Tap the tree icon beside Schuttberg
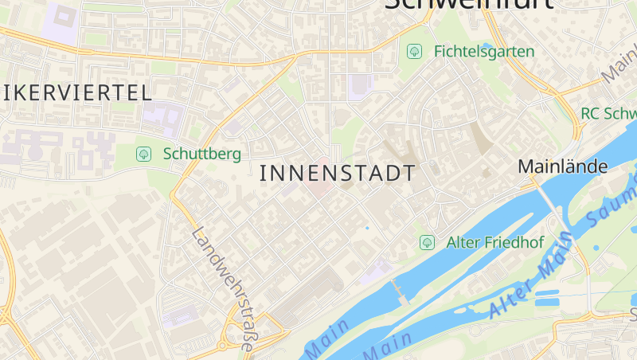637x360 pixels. pyautogui.click(x=143, y=154)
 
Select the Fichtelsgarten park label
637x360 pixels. pyautogui.click(x=484, y=51)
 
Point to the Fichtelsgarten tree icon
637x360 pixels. pyautogui.click(x=414, y=51)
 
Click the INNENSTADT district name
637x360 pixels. pyautogui.click(x=338, y=173)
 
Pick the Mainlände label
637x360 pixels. pyautogui.click(x=563, y=166)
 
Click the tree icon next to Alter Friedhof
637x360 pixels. pyautogui.click(x=427, y=241)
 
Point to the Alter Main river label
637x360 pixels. pyautogui.click(x=533, y=275)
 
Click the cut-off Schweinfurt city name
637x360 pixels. pyautogui.click(x=469, y=5)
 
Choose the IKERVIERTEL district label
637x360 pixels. pyautogui.click(x=76, y=92)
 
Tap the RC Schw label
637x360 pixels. pyautogui.click(x=608, y=114)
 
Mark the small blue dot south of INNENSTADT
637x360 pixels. pyautogui.click(x=367, y=228)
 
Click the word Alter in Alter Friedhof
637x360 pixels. pyautogui.click(x=464, y=241)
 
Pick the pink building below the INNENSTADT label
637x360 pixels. pyautogui.click(x=318, y=191)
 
